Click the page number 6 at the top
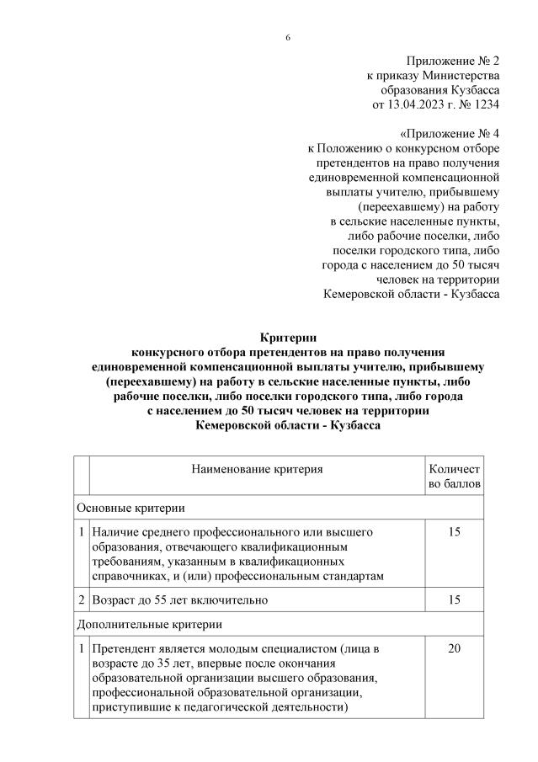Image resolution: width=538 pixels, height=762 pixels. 288,37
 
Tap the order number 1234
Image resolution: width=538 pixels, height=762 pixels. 484,105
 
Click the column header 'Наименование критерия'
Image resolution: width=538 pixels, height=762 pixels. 257,469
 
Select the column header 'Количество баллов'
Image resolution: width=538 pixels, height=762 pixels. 455,477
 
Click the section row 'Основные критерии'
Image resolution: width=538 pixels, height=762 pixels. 131,508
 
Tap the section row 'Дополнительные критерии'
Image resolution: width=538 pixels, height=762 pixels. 149,625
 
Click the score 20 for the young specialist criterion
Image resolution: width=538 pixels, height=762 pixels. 455,649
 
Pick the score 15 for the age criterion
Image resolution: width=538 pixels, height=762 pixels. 455,600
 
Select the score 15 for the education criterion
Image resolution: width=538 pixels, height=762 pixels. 455,532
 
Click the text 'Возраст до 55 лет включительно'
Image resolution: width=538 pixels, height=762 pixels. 180,600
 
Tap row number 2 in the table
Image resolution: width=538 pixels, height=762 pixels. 81,600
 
